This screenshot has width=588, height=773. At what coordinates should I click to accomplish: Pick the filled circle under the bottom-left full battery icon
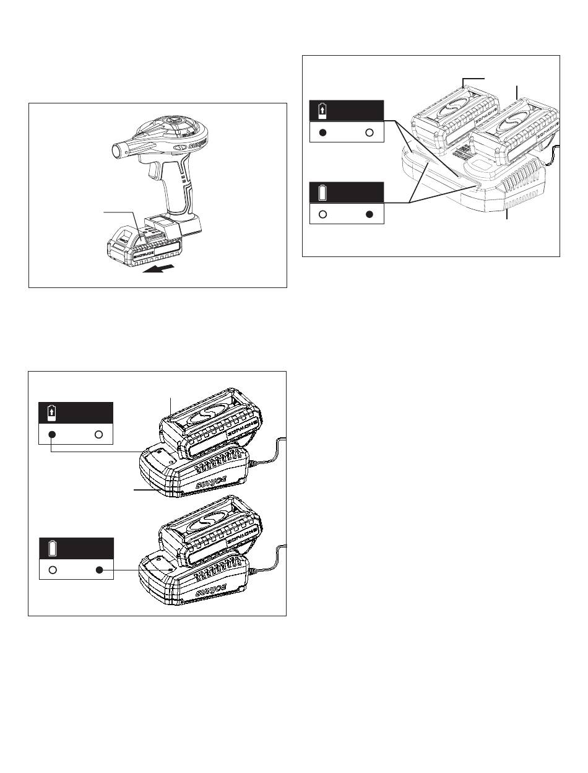point(99,570)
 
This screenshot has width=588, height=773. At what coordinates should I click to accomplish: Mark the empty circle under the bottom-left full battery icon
point(53,570)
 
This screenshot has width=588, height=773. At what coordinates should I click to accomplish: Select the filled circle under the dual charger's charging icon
point(324,132)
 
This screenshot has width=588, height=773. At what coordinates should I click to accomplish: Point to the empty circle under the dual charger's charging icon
point(370,132)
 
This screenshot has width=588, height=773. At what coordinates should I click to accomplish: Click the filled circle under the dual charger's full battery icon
point(370,214)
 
